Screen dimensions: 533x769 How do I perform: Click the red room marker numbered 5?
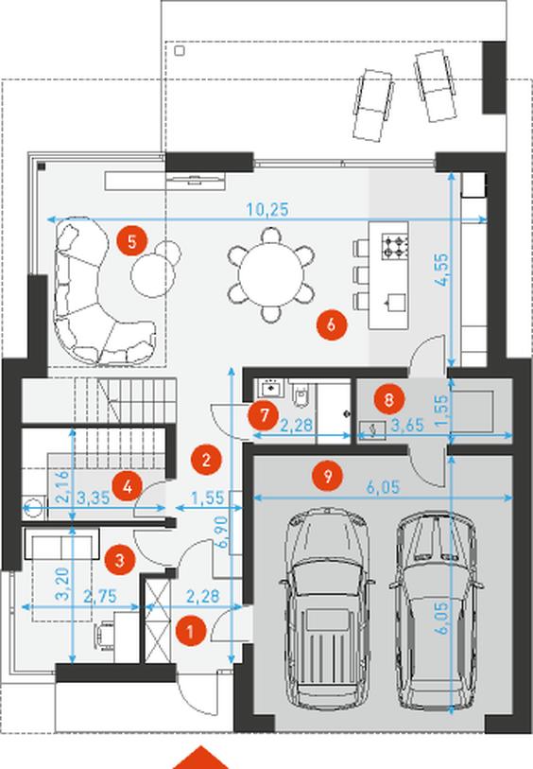point(131,241)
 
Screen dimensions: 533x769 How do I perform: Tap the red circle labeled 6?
point(332,324)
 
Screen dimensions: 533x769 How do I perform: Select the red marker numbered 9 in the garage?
point(328,475)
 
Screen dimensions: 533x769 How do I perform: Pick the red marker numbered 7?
point(265,415)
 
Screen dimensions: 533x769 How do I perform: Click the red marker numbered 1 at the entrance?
point(191,631)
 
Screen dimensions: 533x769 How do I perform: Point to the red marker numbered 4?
point(127,487)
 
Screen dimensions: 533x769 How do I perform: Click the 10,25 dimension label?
point(267,210)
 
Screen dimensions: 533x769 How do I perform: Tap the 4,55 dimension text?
point(441,270)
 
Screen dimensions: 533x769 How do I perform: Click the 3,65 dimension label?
point(407,426)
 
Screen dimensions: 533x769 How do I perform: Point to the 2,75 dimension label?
point(100,596)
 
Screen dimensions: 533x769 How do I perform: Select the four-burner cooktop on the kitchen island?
point(395,247)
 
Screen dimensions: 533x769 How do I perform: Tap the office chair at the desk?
point(105,635)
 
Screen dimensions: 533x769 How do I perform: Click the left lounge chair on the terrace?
point(373,104)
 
